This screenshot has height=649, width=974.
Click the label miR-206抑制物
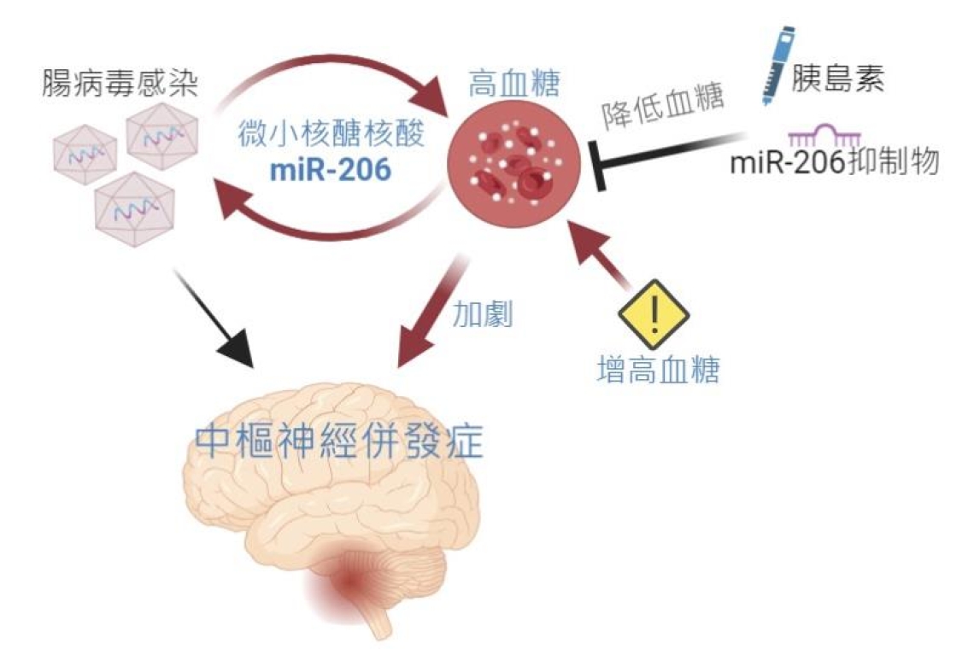coord(834,162)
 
